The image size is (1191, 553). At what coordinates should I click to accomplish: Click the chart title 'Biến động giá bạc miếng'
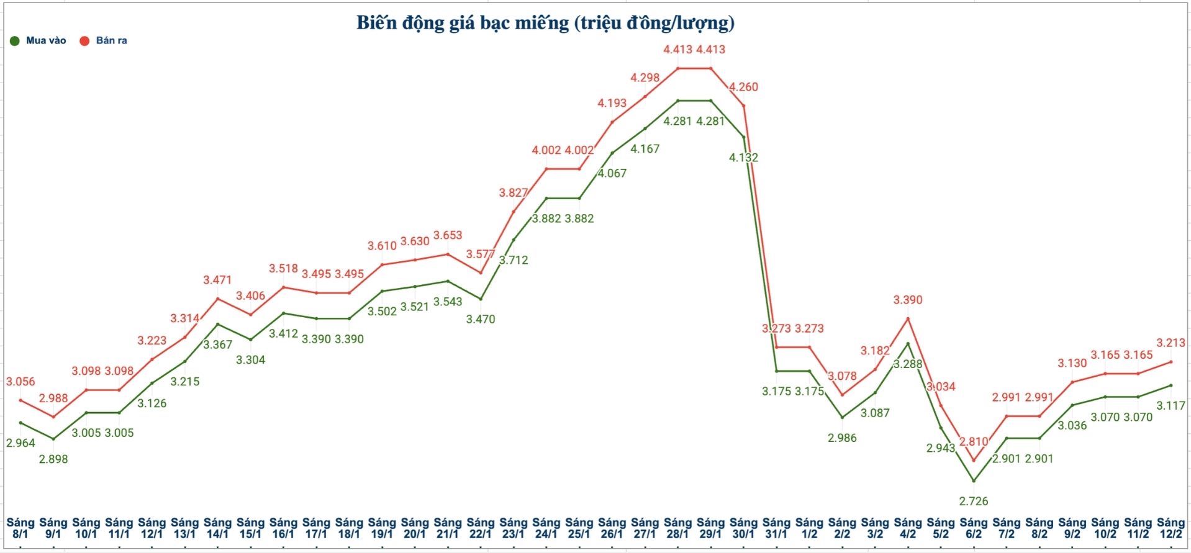[x=545, y=23]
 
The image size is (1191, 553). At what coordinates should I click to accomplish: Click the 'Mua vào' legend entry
[x=38, y=41]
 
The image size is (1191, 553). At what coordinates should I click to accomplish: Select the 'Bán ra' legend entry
[x=104, y=41]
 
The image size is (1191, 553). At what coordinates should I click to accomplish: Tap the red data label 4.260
[x=743, y=87]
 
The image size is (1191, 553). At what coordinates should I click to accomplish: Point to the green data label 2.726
[x=973, y=501]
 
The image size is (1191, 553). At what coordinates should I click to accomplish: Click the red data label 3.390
[x=907, y=300]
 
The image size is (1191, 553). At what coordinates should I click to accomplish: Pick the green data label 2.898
[x=53, y=459]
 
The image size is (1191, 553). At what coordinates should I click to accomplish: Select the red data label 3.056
[x=20, y=382]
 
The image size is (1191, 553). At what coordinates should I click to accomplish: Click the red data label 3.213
[x=1171, y=343]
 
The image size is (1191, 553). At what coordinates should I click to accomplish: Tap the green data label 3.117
[x=1171, y=406]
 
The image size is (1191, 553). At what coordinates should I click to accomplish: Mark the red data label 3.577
[x=481, y=254]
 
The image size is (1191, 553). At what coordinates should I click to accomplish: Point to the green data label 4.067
[x=612, y=173]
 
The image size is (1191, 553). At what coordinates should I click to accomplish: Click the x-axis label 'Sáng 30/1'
[x=743, y=528]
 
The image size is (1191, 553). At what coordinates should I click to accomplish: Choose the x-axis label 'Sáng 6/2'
[x=973, y=528]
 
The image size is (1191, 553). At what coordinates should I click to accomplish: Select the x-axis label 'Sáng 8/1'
[x=20, y=528]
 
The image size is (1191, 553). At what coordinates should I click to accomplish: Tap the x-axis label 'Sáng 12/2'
[x=1171, y=528]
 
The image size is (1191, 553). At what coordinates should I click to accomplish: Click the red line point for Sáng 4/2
[x=908, y=318]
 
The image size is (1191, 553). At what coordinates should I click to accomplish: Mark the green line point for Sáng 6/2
[x=973, y=481]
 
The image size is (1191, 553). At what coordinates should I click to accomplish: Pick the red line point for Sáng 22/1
[x=481, y=272]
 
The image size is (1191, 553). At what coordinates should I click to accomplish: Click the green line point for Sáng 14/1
[x=218, y=324]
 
